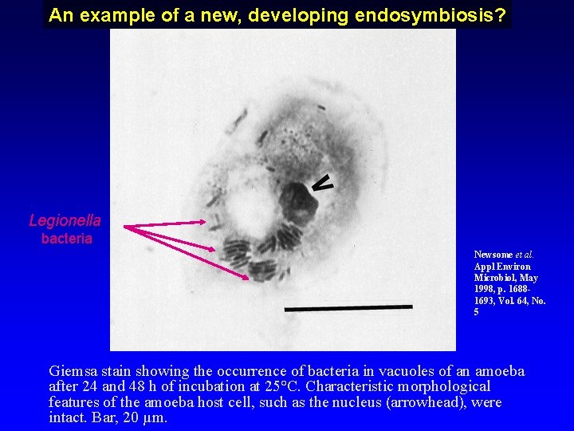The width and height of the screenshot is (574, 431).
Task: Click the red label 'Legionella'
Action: pyautogui.click(x=65, y=220)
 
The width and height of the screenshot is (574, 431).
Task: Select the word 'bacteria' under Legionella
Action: pyautogui.click(x=66, y=238)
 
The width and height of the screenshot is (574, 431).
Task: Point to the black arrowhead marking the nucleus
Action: pyautogui.click(x=321, y=184)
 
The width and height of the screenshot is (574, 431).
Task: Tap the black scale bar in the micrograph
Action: pyautogui.click(x=348, y=306)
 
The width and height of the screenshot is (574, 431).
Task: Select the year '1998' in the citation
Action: pyautogui.click(x=486, y=289)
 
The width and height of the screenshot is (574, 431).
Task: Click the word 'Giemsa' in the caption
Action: pyautogui.click(x=71, y=371)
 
